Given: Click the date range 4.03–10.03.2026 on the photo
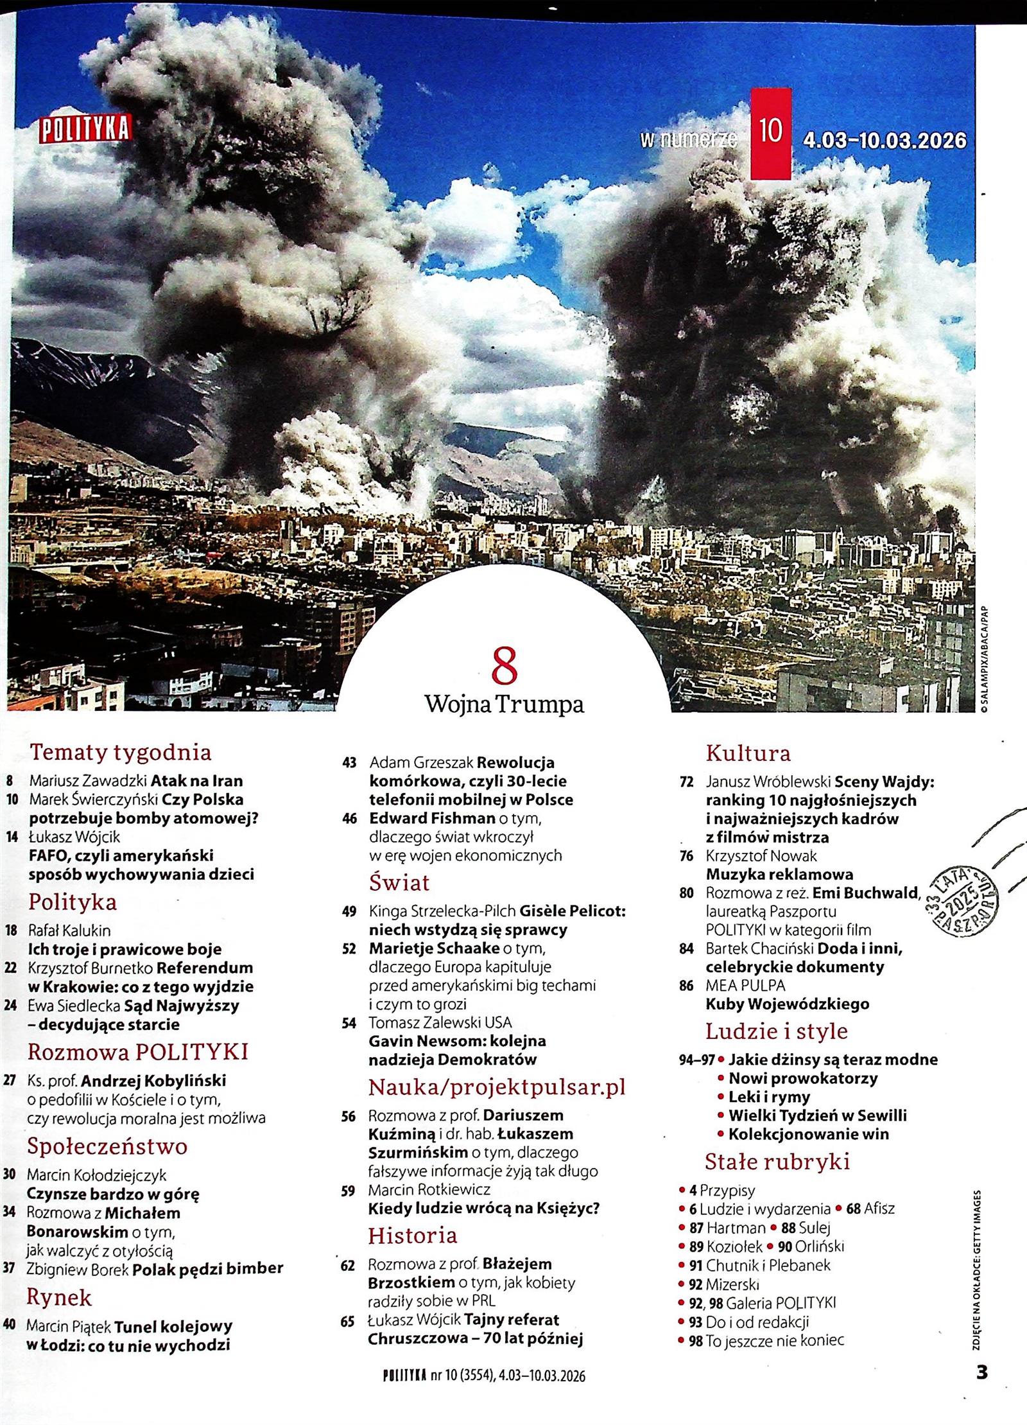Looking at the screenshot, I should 885,140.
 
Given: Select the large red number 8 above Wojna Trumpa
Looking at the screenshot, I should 505,668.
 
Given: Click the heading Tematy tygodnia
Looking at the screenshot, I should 121,752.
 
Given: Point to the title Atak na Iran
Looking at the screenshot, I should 196,781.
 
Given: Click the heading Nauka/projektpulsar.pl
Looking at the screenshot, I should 496,1087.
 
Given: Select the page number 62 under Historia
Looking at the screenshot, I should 348,1264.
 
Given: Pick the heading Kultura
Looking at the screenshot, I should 748,753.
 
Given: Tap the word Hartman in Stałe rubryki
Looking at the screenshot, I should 736,1228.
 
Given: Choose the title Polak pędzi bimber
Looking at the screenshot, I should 208,1268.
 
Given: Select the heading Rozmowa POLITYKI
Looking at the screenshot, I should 137,1052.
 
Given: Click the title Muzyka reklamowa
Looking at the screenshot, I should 779,874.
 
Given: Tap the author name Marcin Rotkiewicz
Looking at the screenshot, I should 429,1190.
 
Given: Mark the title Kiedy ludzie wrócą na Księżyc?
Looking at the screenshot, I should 483,1209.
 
